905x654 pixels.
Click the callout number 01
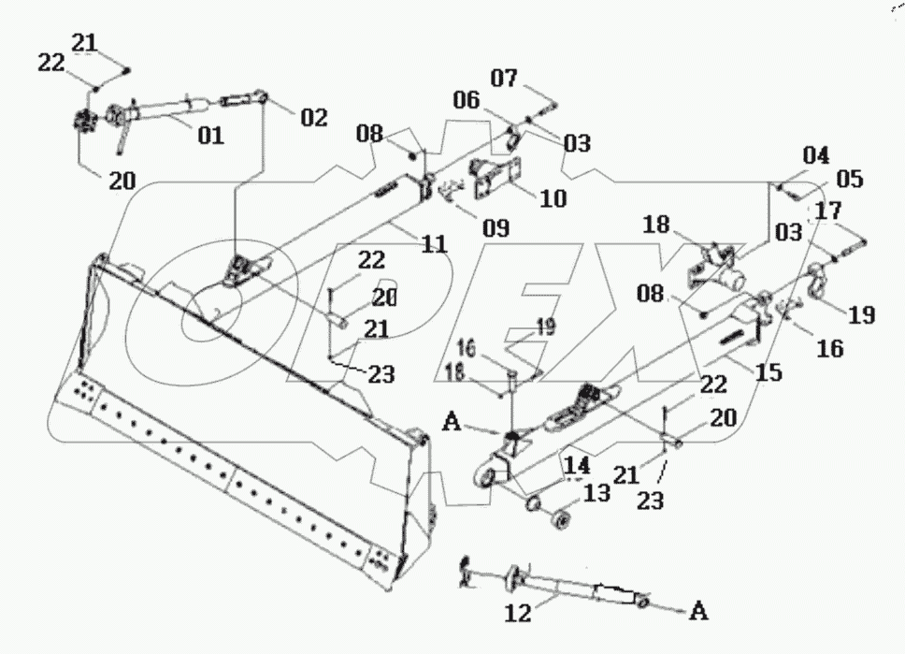(210, 136)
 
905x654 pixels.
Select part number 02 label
(314, 118)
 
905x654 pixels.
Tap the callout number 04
(814, 154)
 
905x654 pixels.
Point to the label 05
(850, 179)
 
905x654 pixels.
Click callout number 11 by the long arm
(434, 244)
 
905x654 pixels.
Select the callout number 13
(595, 492)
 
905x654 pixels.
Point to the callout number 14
(574, 463)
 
